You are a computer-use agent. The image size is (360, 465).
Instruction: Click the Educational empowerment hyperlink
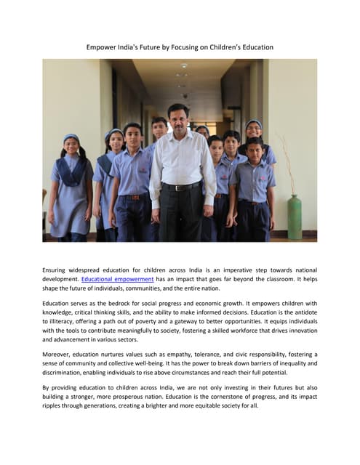pos(117,279)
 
